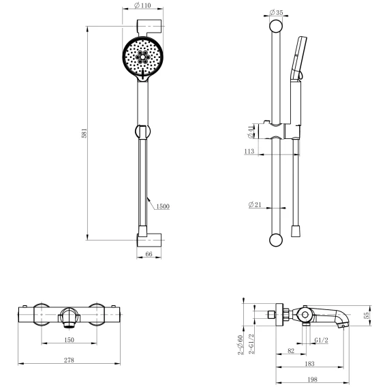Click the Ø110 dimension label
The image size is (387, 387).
click(142, 5)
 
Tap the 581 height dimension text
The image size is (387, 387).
click(84, 133)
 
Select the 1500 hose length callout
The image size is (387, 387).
click(163, 206)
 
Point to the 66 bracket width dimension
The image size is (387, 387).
click(149, 254)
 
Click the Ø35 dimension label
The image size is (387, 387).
click(276, 12)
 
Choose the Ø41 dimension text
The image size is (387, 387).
click(251, 131)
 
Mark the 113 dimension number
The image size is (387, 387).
click(249, 151)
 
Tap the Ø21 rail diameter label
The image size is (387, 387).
click(255, 204)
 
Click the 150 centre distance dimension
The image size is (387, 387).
click(69, 340)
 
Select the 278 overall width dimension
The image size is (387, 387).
click(69, 360)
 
